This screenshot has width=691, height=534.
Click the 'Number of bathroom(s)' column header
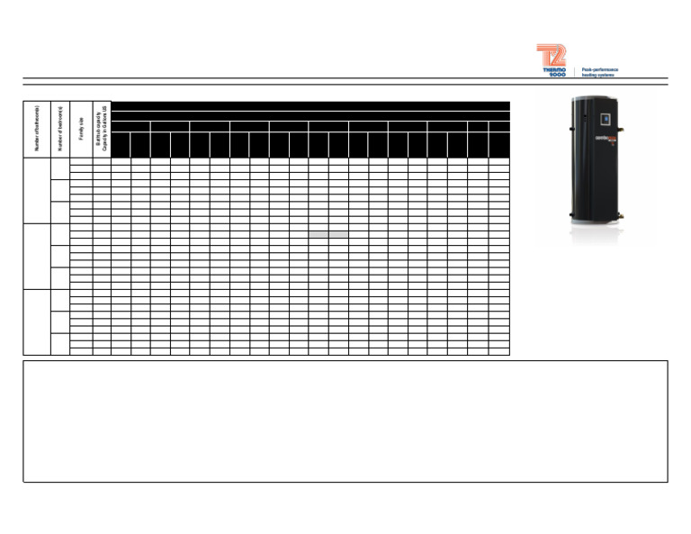[x=37, y=131]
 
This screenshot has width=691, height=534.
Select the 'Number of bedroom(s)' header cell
[x=60, y=131]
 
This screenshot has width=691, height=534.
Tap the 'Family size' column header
[x=81, y=131]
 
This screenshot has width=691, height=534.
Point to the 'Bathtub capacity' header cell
[x=102, y=131]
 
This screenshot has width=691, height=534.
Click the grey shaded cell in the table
[x=328, y=234]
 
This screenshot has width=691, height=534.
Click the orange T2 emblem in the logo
[x=552, y=55]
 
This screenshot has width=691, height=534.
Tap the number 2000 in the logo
[x=558, y=75]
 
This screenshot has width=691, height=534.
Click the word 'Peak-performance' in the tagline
[x=600, y=69]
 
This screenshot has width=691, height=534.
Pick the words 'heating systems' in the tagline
[x=598, y=76]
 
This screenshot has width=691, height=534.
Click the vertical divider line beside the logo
[x=574, y=72]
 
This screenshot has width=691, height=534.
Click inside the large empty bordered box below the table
[x=345, y=421]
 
